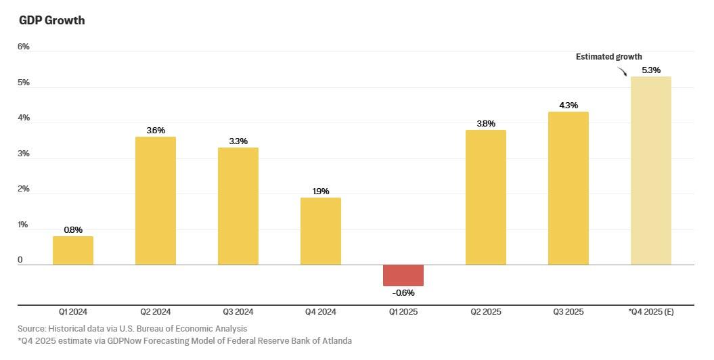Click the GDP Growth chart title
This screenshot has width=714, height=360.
[x=51, y=20]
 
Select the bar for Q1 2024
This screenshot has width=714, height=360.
[x=73, y=250]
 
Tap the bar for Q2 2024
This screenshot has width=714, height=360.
[x=156, y=201]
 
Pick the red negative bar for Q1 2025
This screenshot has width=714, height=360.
[x=403, y=275]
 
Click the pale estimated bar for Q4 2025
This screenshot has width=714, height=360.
[x=651, y=171]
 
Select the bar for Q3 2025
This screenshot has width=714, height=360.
[x=568, y=188]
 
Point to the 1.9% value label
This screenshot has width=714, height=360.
[x=321, y=192]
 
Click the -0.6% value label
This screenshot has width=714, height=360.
[x=403, y=292]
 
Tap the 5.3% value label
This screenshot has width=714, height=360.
[x=651, y=70]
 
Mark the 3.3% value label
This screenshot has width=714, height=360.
[x=238, y=141]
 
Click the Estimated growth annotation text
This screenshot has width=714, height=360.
[x=608, y=57]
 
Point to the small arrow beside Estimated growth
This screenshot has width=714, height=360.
[x=622, y=70]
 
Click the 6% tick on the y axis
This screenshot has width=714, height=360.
[x=24, y=47]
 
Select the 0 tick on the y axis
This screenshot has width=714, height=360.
[x=20, y=260]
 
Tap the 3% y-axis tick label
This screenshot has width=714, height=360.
[x=24, y=154]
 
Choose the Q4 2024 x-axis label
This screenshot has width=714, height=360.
[x=321, y=312]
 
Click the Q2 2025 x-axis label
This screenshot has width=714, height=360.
[x=486, y=312]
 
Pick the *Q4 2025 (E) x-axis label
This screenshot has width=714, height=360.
[x=651, y=312]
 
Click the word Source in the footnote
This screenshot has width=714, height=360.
[x=31, y=329]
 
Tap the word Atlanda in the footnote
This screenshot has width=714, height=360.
[x=336, y=340]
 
